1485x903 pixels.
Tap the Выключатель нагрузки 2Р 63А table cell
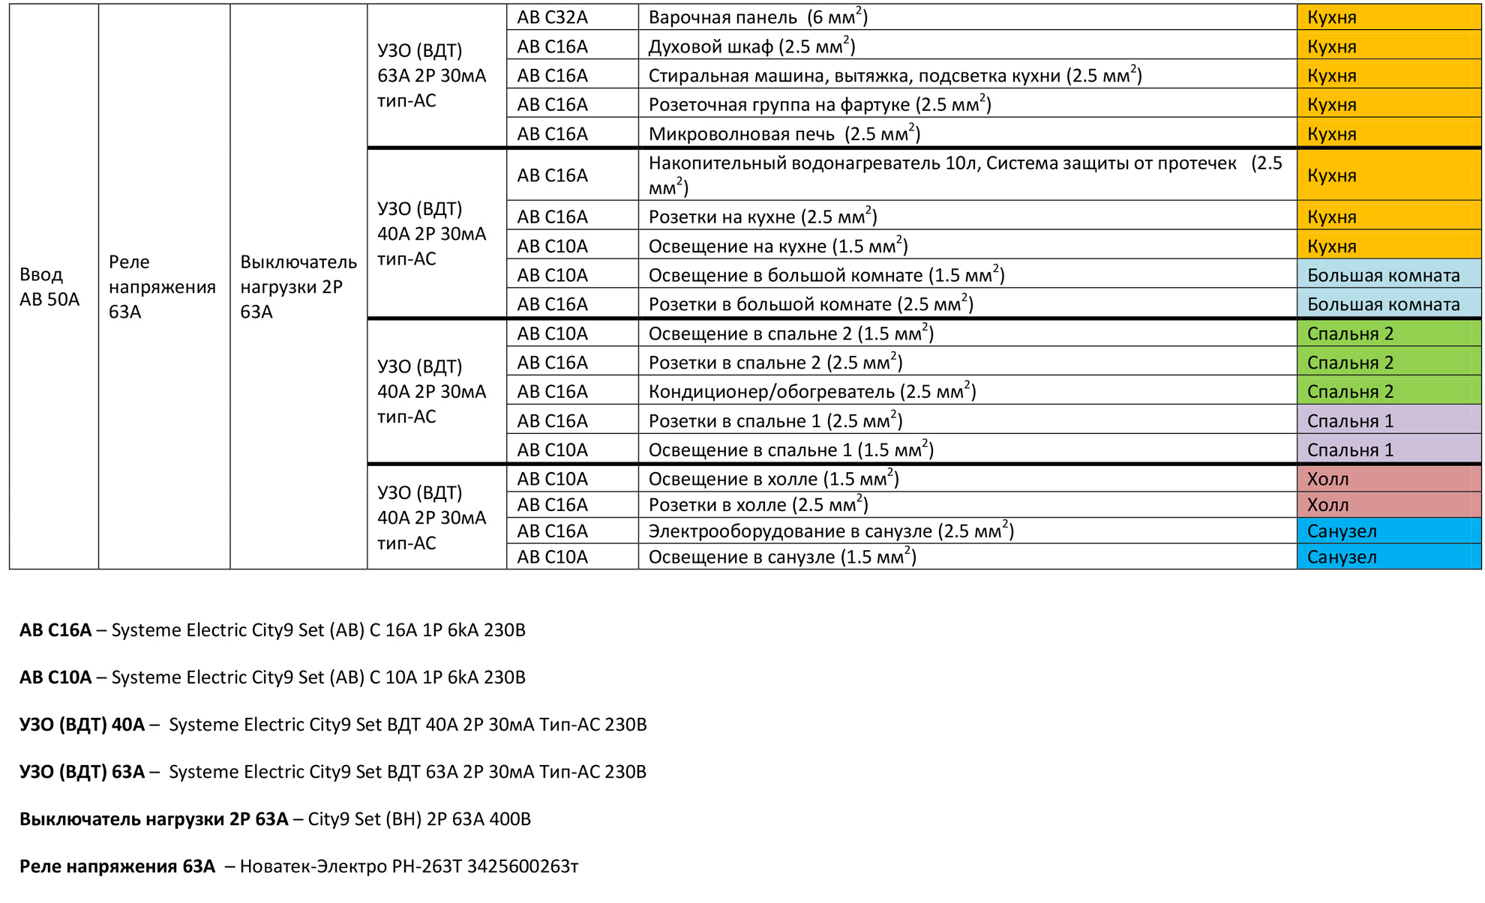298,287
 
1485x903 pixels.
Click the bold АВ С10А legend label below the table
55,677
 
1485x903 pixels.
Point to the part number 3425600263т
523,866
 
